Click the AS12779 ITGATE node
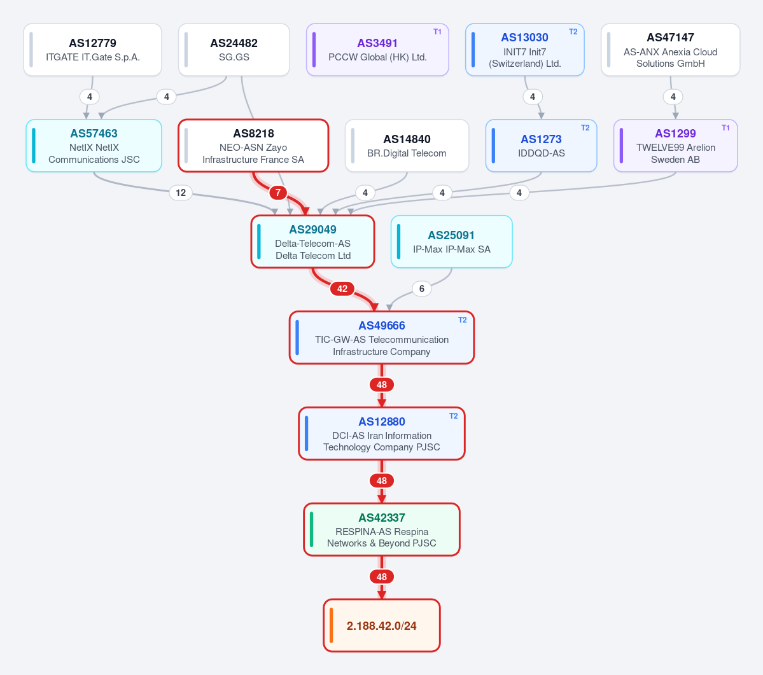click(92, 50)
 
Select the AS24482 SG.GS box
click(234, 50)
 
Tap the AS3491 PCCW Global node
click(377, 50)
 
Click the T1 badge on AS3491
click(437, 32)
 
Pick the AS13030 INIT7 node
click(524, 50)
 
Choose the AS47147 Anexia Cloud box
click(671, 50)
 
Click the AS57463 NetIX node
click(94, 146)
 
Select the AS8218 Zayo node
click(253, 146)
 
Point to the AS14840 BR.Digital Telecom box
click(407, 146)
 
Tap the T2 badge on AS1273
click(585, 128)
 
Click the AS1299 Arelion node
click(675, 146)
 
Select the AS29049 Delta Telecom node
click(313, 242)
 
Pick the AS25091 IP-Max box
click(452, 242)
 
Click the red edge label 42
click(342, 289)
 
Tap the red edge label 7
click(278, 193)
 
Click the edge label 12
click(181, 193)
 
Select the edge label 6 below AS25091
click(422, 289)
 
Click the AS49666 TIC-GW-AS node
click(382, 337)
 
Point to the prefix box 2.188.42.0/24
click(382, 625)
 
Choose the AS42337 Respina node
click(382, 529)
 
